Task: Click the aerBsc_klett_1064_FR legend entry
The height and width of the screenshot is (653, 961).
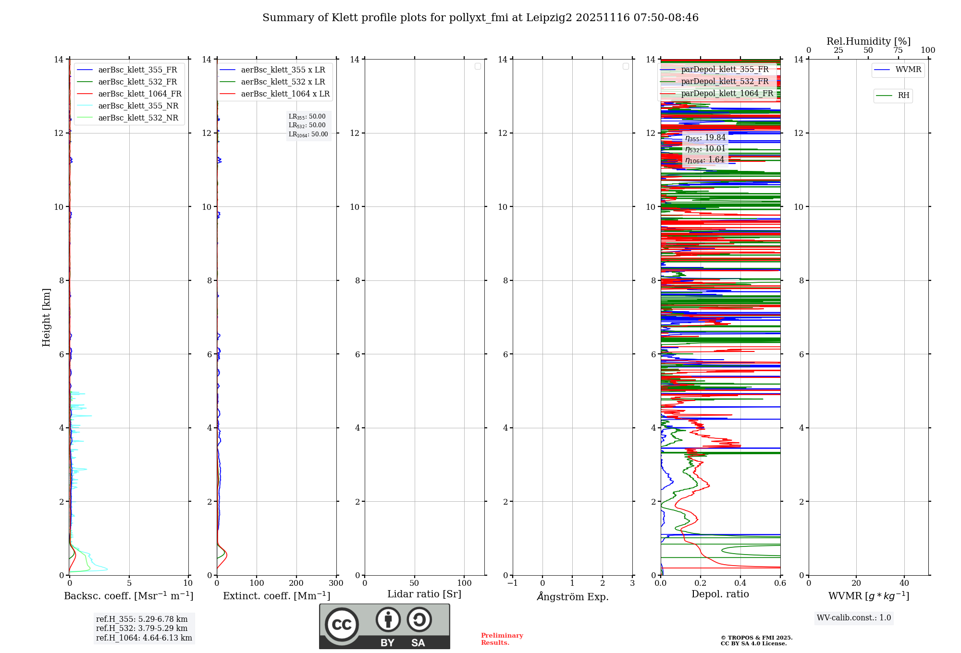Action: pyautogui.click(x=139, y=94)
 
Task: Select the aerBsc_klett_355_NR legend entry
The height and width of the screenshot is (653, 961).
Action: pyautogui.click(x=138, y=106)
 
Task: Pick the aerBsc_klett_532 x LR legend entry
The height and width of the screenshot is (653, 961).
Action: pyautogui.click(x=283, y=82)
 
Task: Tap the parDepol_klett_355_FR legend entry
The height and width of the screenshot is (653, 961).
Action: pyautogui.click(x=725, y=69)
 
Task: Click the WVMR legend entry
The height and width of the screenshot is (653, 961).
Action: pyautogui.click(x=908, y=70)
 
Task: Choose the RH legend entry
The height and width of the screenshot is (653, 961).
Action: pyautogui.click(x=903, y=96)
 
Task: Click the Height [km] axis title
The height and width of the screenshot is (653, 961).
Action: pyautogui.click(x=46, y=317)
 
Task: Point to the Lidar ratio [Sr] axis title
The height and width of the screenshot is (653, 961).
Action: pyautogui.click(x=424, y=594)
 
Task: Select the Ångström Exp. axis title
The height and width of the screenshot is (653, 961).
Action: pyautogui.click(x=572, y=596)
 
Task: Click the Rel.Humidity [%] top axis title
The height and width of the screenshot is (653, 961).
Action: pyautogui.click(x=868, y=41)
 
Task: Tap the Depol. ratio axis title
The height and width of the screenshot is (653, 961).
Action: pyautogui.click(x=720, y=594)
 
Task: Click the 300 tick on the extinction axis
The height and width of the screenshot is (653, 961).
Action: pyautogui.click(x=336, y=583)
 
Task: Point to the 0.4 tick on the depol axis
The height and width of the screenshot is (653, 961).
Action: pyautogui.click(x=740, y=583)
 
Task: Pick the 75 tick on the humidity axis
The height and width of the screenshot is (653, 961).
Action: pyautogui.click(x=898, y=50)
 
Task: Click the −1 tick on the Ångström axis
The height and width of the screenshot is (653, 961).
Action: pyautogui.click(x=512, y=583)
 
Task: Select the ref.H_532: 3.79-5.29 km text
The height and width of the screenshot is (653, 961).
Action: pyautogui.click(x=142, y=628)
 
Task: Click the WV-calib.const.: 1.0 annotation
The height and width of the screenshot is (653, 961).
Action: pyautogui.click(x=854, y=617)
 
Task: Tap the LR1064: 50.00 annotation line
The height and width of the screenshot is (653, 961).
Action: pyautogui.click(x=308, y=134)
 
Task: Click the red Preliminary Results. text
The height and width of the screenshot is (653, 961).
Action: pyautogui.click(x=502, y=639)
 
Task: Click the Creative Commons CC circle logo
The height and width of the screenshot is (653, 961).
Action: pyautogui.click(x=342, y=624)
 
